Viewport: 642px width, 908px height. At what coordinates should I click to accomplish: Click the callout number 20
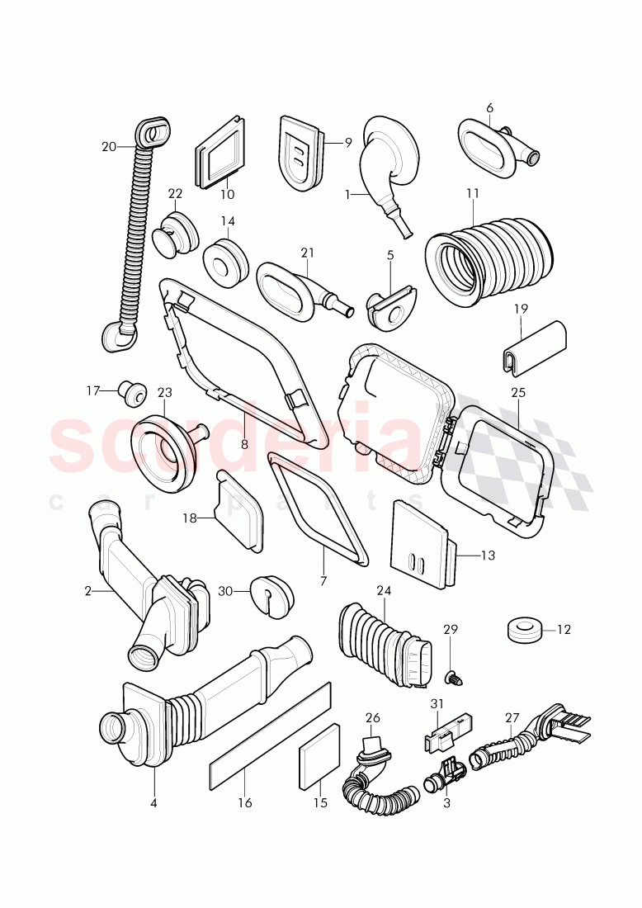coord(109,147)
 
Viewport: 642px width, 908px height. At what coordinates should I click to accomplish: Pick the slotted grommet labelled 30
coord(271,593)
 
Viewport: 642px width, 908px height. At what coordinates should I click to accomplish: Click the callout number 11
coord(472,193)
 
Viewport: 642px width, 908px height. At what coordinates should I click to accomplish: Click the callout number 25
coord(518,393)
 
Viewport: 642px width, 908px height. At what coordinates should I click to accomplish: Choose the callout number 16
coord(245,802)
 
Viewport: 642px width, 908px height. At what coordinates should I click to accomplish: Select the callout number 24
coord(384,590)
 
